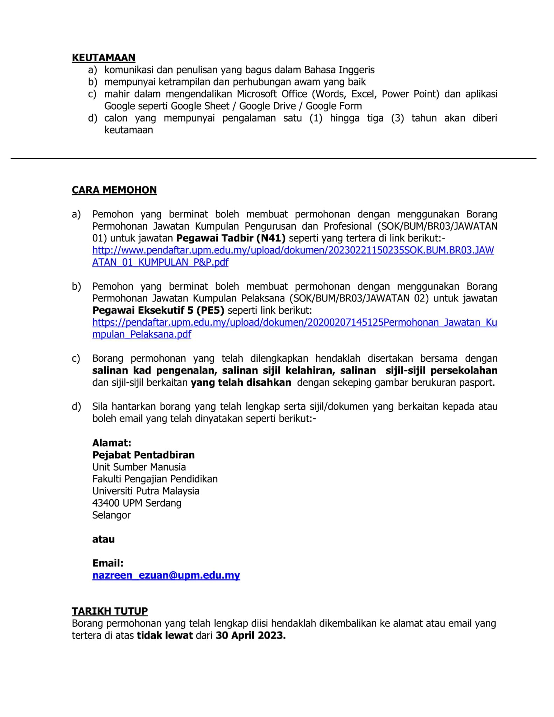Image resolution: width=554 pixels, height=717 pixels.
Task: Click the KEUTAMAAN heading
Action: [x=104, y=58]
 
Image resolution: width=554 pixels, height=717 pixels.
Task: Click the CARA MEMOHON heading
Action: [x=114, y=190]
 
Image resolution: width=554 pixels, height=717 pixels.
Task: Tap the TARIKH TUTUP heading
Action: [x=110, y=611]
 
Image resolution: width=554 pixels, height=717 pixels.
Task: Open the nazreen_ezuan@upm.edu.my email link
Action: [x=166, y=575]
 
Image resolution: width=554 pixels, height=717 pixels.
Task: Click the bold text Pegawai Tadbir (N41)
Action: [x=231, y=238]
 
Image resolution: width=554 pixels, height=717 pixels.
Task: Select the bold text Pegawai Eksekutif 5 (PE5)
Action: [x=158, y=310]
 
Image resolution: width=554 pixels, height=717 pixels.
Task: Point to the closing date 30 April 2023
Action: [x=251, y=635]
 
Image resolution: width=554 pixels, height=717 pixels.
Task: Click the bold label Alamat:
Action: [x=112, y=443]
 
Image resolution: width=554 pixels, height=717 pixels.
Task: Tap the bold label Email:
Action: [x=108, y=563]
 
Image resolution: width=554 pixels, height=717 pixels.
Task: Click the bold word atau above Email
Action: [x=103, y=539]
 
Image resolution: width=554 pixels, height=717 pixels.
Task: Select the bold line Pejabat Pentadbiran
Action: [x=143, y=455]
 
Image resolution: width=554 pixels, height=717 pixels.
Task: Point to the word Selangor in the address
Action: [x=111, y=515]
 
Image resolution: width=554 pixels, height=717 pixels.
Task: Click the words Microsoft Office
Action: [x=272, y=94]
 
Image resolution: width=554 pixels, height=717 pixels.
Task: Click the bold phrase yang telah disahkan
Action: [x=241, y=382]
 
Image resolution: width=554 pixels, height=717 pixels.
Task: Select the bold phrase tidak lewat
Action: [x=164, y=635]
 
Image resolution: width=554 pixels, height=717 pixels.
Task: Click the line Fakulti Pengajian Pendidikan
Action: [x=155, y=479]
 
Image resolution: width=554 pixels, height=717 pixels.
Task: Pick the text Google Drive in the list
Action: [x=267, y=106]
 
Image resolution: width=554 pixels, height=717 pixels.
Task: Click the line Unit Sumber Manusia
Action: [x=139, y=467]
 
